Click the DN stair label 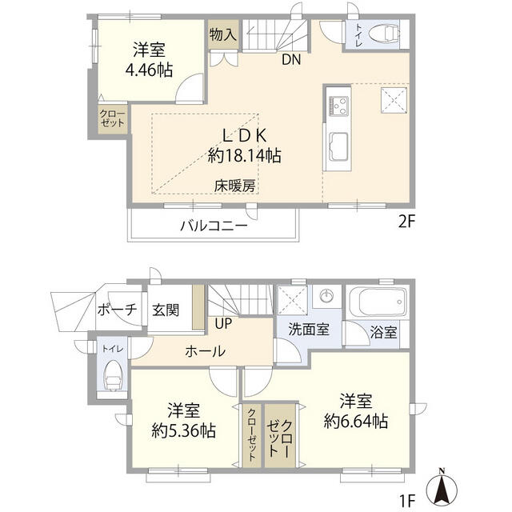click(x=291, y=58)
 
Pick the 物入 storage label click(x=223, y=34)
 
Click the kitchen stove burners click(x=336, y=105)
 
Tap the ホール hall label click(x=205, y=350)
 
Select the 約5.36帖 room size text click(x=184, y=431)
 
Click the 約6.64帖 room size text click(x=356, y=420)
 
